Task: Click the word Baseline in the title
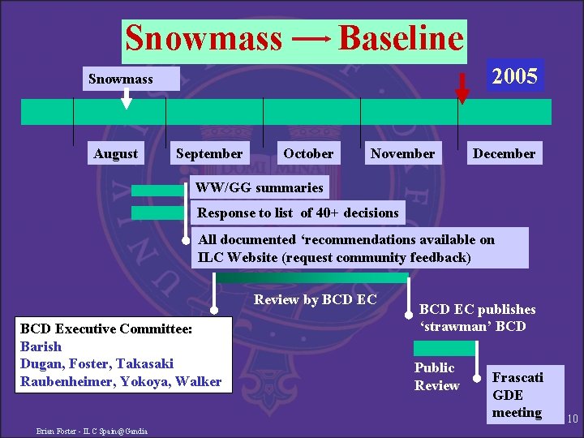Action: [400, 38]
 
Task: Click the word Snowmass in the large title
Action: [204, 38]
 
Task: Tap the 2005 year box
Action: [515, 76]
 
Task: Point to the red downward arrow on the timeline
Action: [462, 88]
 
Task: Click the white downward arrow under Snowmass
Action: [126, 97]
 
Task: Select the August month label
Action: [116, 153]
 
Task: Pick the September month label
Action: [209, 153]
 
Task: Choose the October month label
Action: [308, 153]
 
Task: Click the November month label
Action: [402, 153]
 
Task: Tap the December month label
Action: [504, 153]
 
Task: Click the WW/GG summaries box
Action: [259, 187]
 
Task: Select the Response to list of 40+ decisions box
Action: [298, 213]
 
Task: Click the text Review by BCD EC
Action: [315, 299]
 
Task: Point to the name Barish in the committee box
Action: [41, 346]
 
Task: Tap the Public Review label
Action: [436, 376]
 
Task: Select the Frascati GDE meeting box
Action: [518, 395]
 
